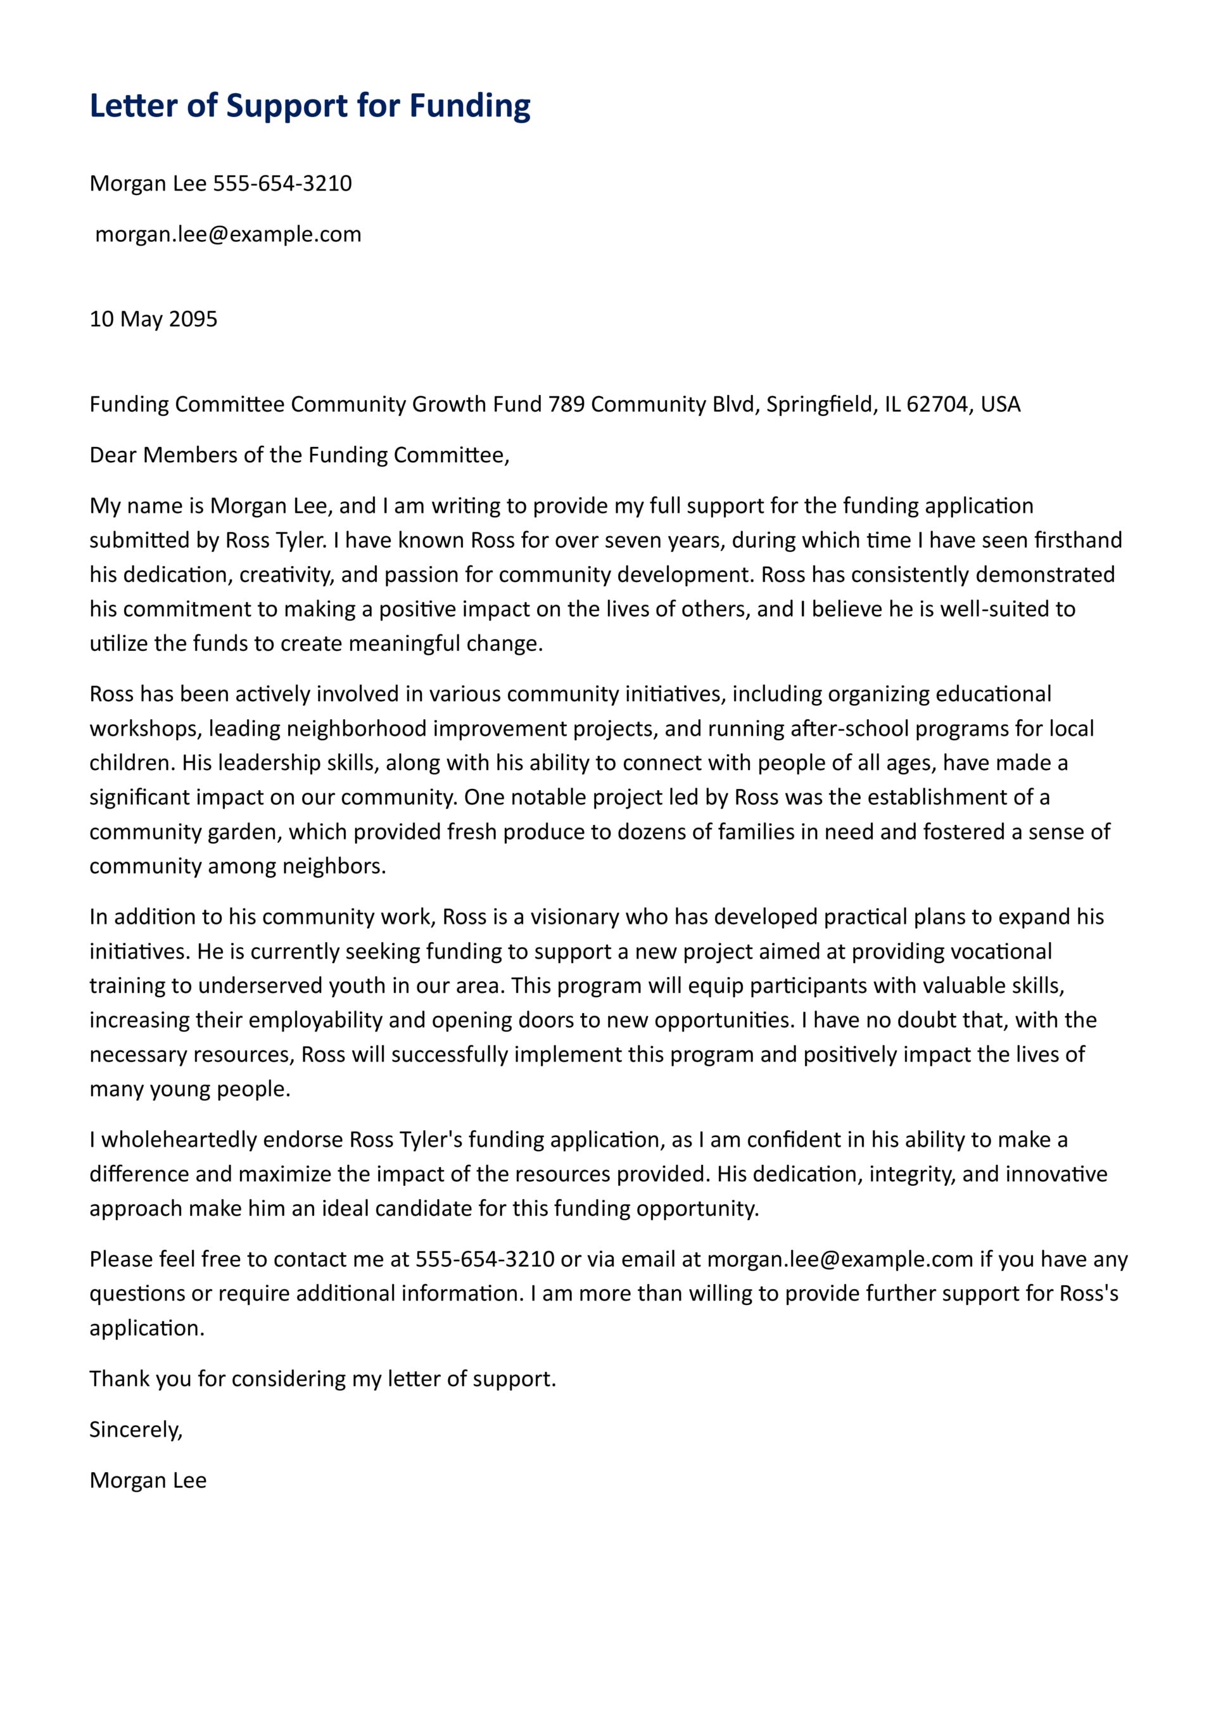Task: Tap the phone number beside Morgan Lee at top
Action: coord(282,184)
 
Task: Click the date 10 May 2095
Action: coord(153,319)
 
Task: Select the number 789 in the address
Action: coord(566,405)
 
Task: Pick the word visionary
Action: coord(564,917)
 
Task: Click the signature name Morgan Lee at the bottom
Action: coord(148,1480)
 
